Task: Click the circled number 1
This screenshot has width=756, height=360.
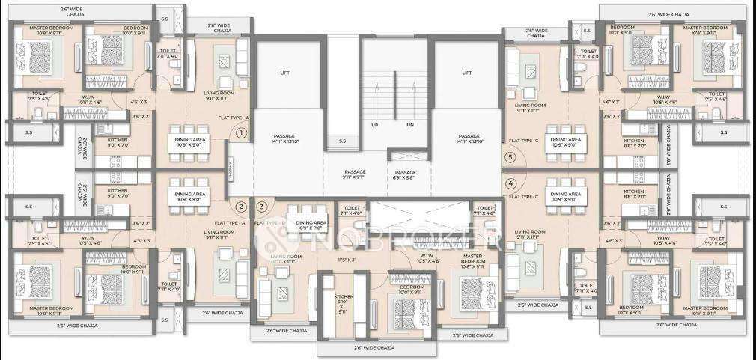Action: pyautogui.click(x=241, y=134)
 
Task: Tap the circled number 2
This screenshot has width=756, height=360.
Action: pyautogui.click(x=241, y=207)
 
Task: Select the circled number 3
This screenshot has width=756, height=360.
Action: pyautogui.click(x=261, y=207)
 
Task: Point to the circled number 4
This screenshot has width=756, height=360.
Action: pyautogui.click(x=511, y=183)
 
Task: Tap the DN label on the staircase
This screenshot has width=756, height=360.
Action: pyautogui.click(x=409, y=125)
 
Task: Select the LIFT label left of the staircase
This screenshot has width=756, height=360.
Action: pyautogui.click(x=284, y=73)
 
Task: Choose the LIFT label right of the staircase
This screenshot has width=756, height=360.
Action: pyautogui.click(x=467, y=73)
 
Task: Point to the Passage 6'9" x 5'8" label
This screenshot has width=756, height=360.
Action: pyautogui.click(x=405, y=174)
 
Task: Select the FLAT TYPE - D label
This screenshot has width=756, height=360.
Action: pyautogui.click(x=270, y=223)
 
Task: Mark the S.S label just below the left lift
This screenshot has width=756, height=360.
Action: pyautogui.click(x=342, y=141)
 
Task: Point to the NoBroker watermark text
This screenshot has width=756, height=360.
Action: pyautogui.click(x=389, y=240)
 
